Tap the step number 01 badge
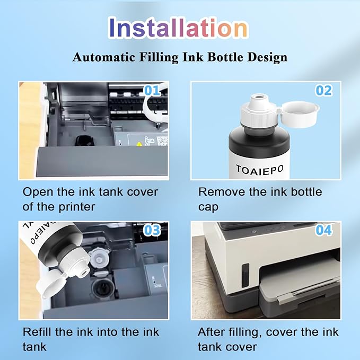[x=152, y=91]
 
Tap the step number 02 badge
[x=323, y=91]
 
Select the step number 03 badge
[x=152, y=230]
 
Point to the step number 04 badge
[x=323, y=231]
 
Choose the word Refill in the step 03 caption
[x=39, y=333]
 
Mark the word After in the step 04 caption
[x=212, y=333]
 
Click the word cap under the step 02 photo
[x=209, y=207]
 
